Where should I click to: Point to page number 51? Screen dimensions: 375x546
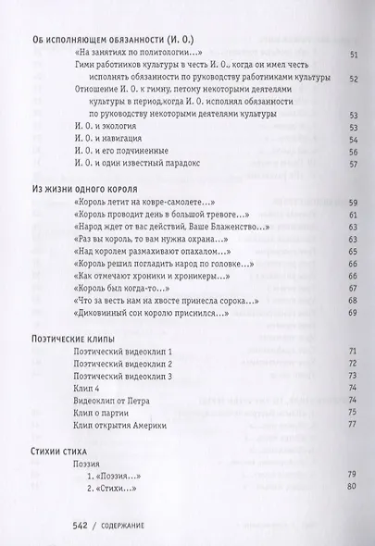click(x=352, y=55)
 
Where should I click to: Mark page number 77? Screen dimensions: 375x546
click(x=352, y=425)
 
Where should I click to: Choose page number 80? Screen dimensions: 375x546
click(x=352, y=488)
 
